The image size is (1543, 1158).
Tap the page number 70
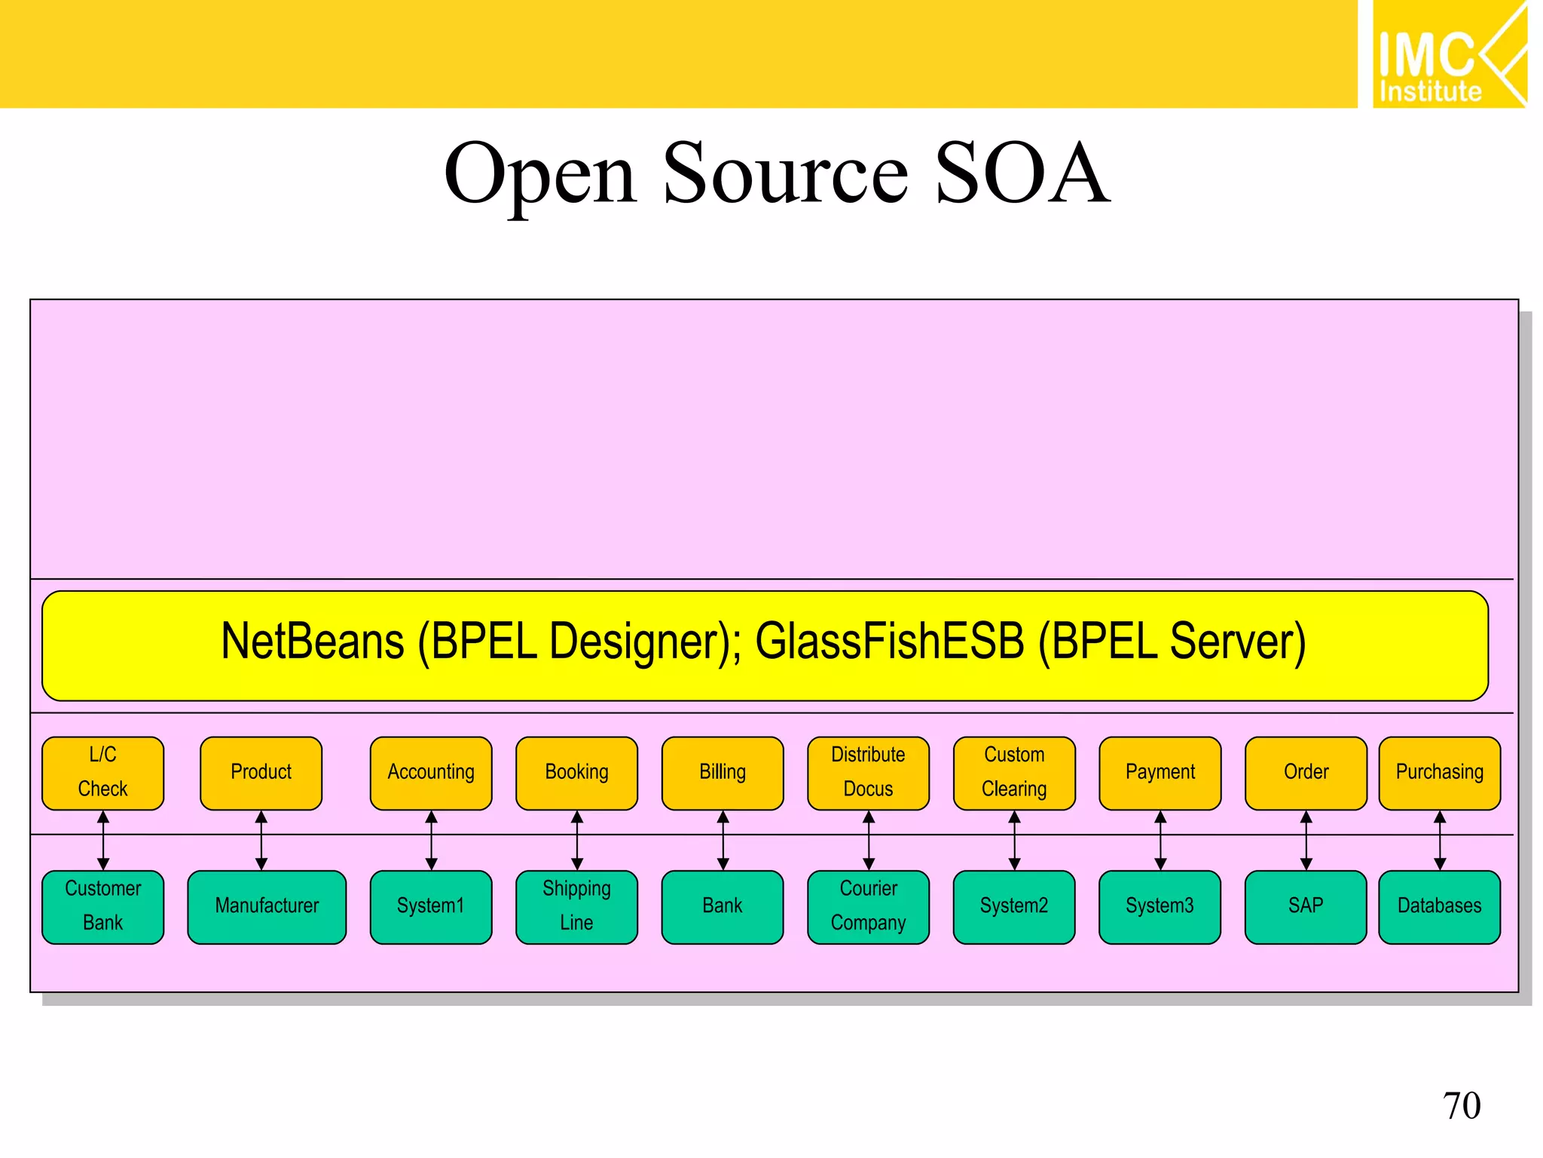click(1461, 1106)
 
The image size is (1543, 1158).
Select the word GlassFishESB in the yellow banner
click(889, 642)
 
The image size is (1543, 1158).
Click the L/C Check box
click(103, 773)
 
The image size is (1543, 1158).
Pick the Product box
click(261, 773)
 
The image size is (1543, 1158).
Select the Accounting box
click(431, 773)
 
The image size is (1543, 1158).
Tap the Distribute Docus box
click(868, 773)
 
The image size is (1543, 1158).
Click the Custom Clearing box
click(1014, 773)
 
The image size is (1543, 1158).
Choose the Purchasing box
click(1439, 773)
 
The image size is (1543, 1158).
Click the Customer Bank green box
click(103, 906)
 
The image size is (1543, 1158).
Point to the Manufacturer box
click(267, 906)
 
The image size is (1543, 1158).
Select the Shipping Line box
click(576, 906)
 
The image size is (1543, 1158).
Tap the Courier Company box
click(868, 906)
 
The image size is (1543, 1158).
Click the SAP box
click(1306, 906)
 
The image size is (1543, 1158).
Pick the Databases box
click(1439, 906)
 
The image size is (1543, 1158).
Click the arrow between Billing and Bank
click(723, 840)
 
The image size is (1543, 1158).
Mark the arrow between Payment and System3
click(1160, 840)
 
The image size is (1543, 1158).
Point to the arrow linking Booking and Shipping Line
click(577, 840)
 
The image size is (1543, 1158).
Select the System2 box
click(1014, 906)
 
